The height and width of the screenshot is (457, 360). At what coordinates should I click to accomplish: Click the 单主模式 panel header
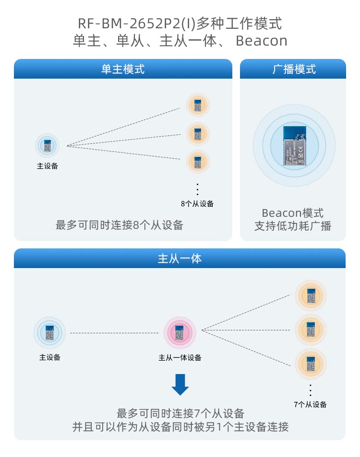click(123, 69)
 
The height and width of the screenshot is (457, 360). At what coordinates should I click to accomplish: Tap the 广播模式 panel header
click(293, 69)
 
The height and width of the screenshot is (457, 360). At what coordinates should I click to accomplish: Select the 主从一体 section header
click(180, 258)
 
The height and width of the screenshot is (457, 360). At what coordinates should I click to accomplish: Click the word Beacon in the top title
click(262, 41)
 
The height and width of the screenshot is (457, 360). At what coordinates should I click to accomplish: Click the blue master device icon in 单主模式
click(47, 145)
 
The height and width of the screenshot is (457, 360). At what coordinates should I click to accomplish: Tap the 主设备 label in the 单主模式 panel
click(48, 166)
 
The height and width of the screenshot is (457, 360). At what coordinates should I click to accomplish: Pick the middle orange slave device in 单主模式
click(197, 133)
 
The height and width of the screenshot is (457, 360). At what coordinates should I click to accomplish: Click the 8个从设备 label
click(197, 204)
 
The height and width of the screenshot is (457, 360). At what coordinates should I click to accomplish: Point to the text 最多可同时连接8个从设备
click(120, 225)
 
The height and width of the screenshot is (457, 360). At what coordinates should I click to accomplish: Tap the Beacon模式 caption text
click(293, 213)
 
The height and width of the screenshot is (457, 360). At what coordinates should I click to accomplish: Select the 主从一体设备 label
click(180, 358)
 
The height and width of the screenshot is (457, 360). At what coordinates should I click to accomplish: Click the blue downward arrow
click(180, 385)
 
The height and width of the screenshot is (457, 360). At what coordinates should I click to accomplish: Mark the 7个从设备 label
click(310, 405)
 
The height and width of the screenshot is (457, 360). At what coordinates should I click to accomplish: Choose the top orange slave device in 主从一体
click(310, 295)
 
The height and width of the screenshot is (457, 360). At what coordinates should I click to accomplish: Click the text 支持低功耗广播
click(293, 226)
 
